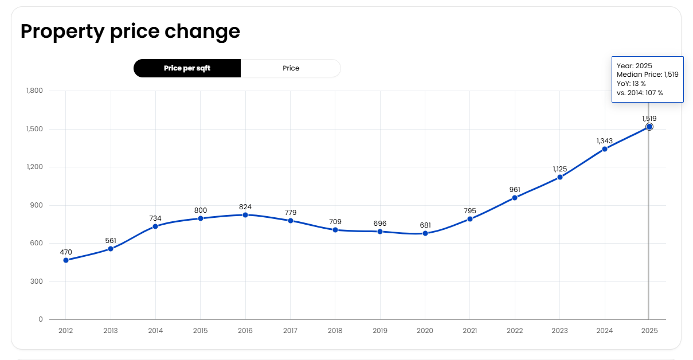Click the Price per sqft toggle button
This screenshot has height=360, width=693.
(187, 68)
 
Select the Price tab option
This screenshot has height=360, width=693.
(291, 68)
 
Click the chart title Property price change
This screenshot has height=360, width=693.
(130, 31)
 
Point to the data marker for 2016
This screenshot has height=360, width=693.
(245, 215)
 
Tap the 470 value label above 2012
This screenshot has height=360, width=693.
(66, 252)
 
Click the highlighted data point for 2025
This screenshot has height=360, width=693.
(649, 127)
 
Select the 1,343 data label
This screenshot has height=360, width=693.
(605, 140)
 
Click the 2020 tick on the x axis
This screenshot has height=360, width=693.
(425, 331)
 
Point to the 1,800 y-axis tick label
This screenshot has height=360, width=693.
(34, 91)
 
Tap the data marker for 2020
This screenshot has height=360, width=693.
(425, 233)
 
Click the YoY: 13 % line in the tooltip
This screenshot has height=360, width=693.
(631, 84)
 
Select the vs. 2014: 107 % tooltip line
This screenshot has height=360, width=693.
(640, 93)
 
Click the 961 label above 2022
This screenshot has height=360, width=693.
(515, 190)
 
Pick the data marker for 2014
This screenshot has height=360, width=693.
(155, 226)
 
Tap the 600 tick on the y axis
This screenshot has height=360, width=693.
(37, 243)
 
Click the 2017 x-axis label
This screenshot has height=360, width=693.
(290, 331)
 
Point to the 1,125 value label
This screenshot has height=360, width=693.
(559, 169)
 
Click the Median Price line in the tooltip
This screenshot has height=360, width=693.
(647, 75)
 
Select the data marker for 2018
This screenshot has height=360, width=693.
(335, 230)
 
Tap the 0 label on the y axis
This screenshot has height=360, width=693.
(40, 319)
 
